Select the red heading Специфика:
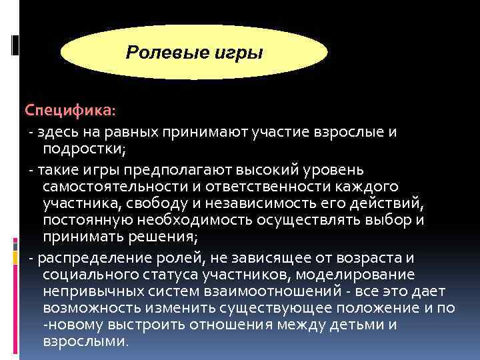[70, 109]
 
